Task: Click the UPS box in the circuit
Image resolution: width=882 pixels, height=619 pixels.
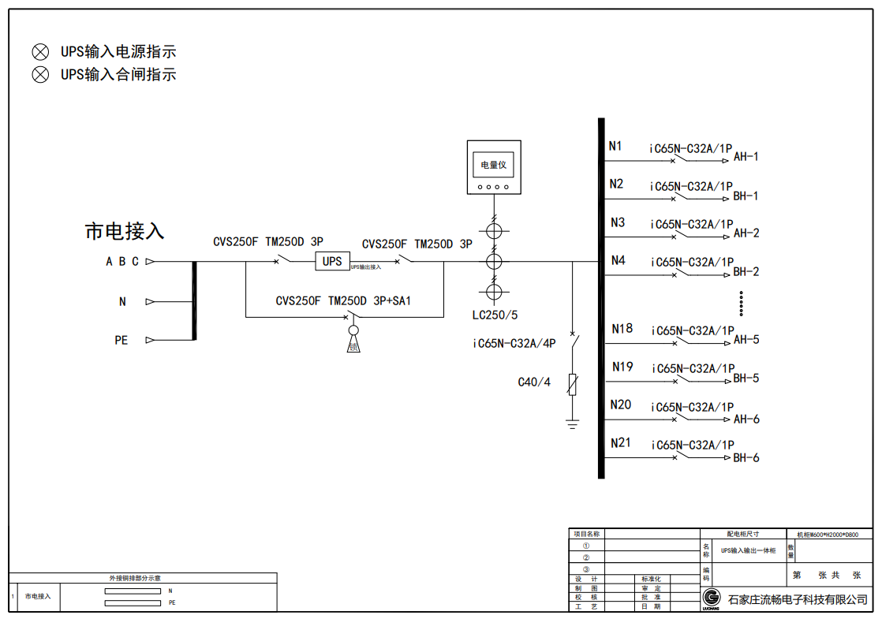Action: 332,261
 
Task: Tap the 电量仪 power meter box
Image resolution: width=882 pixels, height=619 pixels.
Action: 494,167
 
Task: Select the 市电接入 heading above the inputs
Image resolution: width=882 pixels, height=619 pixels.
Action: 125,231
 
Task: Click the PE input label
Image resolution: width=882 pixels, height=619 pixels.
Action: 121,341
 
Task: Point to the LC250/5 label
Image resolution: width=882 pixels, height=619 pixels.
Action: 495,315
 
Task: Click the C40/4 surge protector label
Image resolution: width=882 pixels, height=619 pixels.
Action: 534,382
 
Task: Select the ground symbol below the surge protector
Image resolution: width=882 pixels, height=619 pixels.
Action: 572,425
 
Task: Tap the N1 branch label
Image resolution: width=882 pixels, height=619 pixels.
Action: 615,146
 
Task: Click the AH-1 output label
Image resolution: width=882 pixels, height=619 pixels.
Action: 746,156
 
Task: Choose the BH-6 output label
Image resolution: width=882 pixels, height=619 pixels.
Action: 746,457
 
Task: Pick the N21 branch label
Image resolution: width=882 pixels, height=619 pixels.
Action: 621,443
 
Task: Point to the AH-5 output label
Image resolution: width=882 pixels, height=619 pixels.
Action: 746,340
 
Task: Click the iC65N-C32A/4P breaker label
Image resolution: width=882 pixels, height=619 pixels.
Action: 514,343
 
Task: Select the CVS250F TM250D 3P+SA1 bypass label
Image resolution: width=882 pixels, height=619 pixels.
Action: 343,301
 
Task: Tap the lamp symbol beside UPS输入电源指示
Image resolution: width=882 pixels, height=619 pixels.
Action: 40,52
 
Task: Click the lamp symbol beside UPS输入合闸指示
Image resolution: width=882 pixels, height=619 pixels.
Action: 40,75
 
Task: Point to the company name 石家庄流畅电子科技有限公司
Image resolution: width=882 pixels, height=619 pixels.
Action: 797,600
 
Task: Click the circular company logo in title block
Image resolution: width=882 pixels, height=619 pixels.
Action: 712,598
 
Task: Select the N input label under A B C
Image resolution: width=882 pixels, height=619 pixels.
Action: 122,301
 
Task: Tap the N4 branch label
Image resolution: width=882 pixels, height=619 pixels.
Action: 618,260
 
